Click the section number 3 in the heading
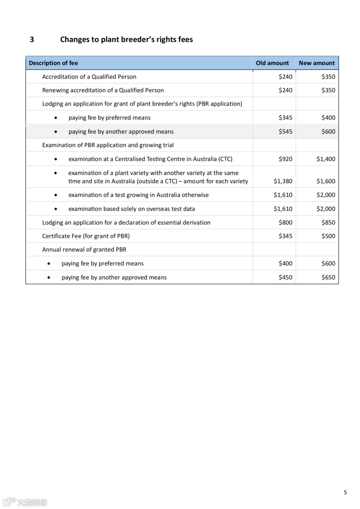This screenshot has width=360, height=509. click(x=32, y=40)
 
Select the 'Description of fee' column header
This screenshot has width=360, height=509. click(x=53, y=63)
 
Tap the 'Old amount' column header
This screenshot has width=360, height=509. click(x=272, y=63)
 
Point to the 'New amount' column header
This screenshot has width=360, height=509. click(x=317, y=63)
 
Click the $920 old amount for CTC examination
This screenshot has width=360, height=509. click(x=285, y=159)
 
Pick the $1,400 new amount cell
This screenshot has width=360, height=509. click(x=326, y=159)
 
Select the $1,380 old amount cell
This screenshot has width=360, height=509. click(x=283, y=181)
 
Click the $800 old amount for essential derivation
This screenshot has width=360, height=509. click(x=285, y=222)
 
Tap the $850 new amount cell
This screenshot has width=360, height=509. click(x=328, y=222)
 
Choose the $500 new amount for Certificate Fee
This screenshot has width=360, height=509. click(x=328, y=236)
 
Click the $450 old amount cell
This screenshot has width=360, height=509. click(x=285, y=277)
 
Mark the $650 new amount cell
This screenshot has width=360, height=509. click(x=328, y=277)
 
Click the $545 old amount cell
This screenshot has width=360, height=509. click(x=285, y=132)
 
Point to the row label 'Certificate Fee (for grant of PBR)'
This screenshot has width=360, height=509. click(x=86, y=236)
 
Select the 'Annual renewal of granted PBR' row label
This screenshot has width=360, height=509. click(x=84, y=250)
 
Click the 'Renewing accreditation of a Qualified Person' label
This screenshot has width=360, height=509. click(x=103, y=90)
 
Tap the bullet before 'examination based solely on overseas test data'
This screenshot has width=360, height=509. click(x=56, y=209)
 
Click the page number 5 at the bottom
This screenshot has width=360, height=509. click(x=345, y=492)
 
